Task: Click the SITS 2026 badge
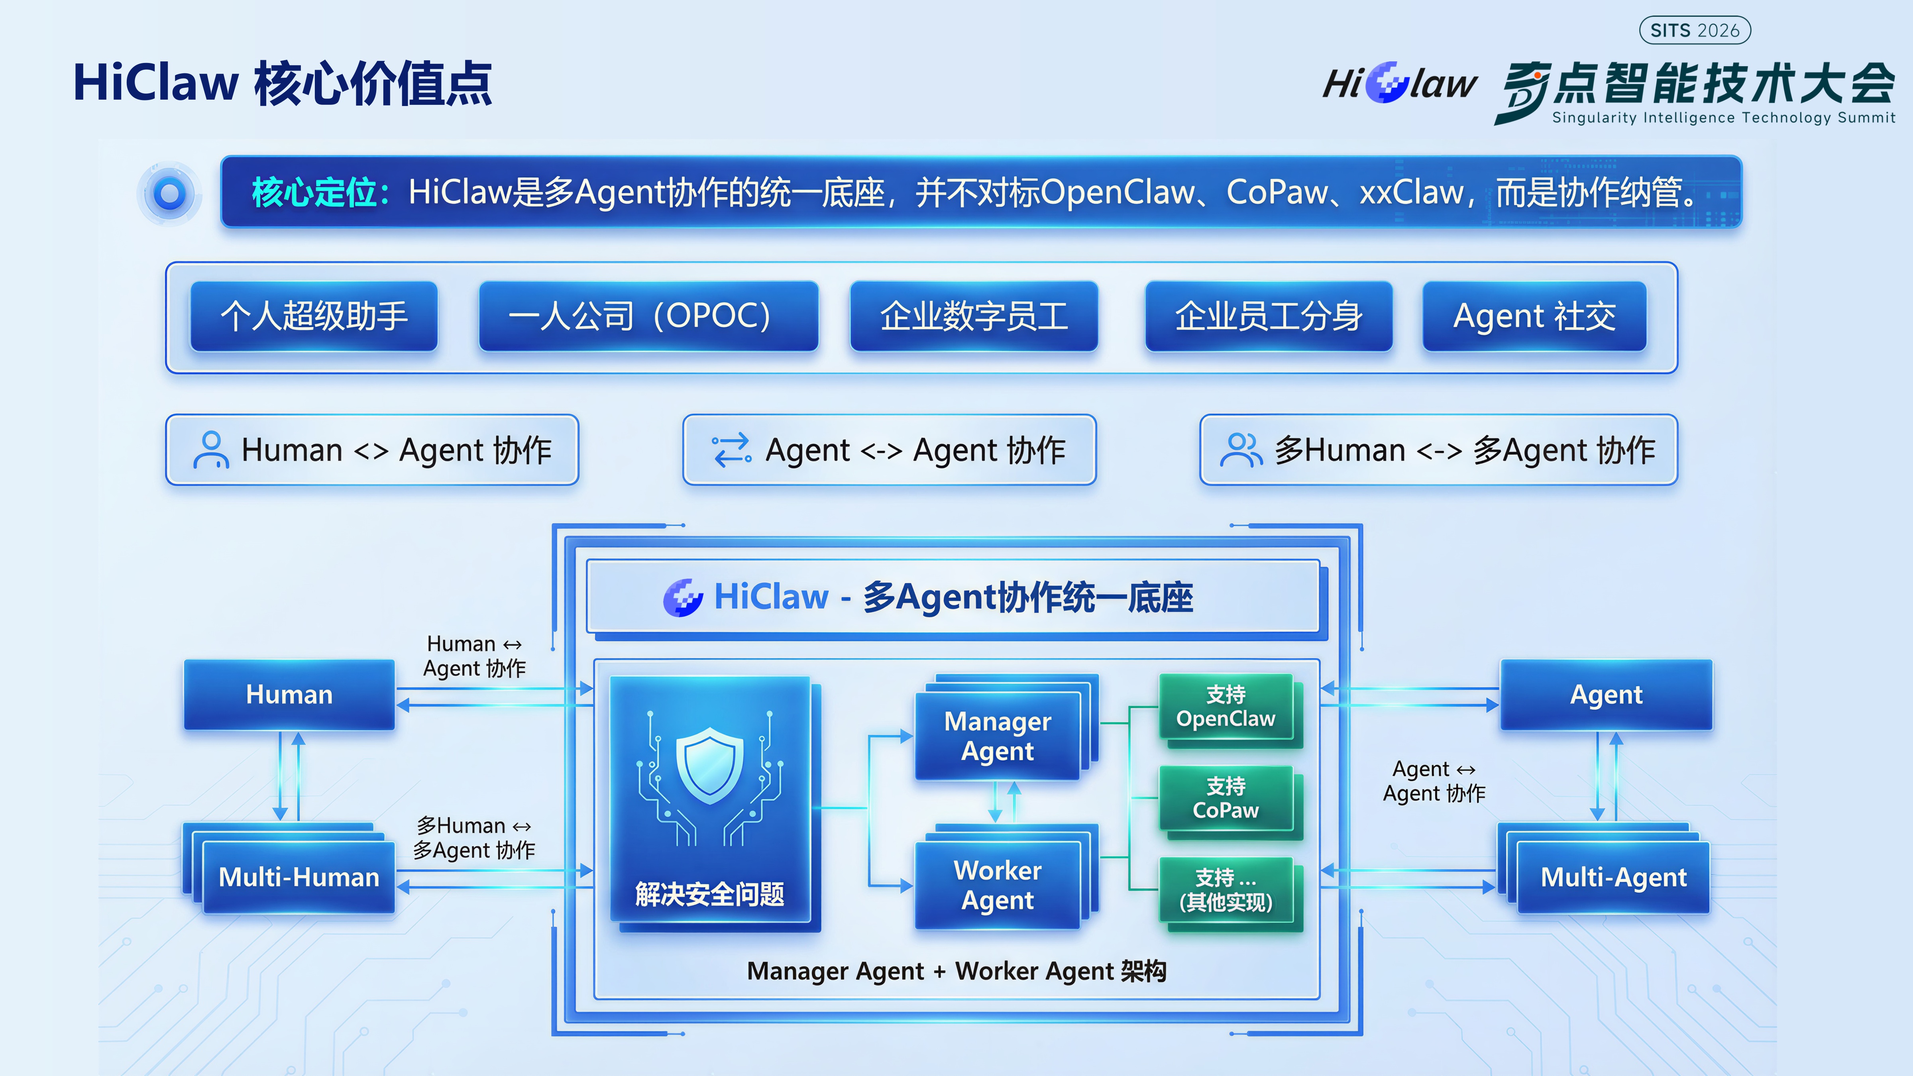point(1695,30)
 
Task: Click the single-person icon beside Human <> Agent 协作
point(211,450)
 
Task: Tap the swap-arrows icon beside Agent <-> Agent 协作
point(731,450)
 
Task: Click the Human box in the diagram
point(289,694)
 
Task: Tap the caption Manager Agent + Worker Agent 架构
point(956,971)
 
